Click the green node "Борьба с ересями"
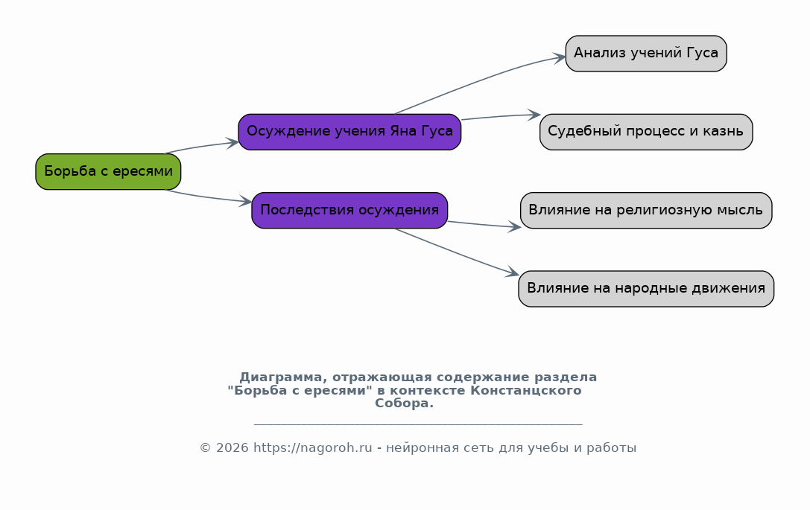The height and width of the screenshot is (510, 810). coord(108,171)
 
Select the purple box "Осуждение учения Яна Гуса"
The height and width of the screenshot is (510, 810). coord(349,132)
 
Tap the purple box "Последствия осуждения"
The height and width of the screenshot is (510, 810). coord(349,211)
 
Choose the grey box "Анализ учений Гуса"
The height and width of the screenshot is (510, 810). coord(646,54)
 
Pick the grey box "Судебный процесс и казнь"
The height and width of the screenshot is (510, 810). coord(646,132)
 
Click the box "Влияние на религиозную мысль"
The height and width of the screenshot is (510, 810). coord(646,211)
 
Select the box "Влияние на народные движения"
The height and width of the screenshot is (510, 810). coord(646,289)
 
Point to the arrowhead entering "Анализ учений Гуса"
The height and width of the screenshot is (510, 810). coord(560,58)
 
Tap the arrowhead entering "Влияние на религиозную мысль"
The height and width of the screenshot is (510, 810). coord(515,226)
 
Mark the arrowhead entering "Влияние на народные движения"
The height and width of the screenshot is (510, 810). coord(513,272)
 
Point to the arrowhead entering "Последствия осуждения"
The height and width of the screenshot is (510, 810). coord(246,202)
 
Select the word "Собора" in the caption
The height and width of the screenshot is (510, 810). coord(404,404)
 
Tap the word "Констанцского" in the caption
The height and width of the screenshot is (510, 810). coord(526,391)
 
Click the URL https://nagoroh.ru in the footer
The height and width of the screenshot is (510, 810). coord(312,448)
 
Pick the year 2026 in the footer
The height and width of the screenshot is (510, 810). coord(232,448)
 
